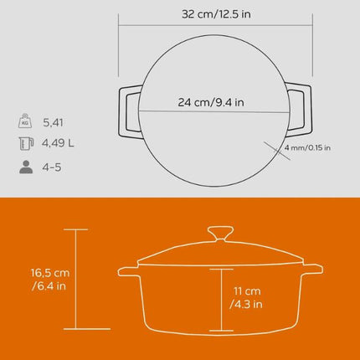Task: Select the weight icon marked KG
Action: (x=28, y=121)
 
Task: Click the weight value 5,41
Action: (x=64, y=122)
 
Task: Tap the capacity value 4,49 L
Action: (x=70, y=143)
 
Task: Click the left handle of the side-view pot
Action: (x=128, y=271)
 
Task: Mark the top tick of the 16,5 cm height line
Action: (x=76, y=229)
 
